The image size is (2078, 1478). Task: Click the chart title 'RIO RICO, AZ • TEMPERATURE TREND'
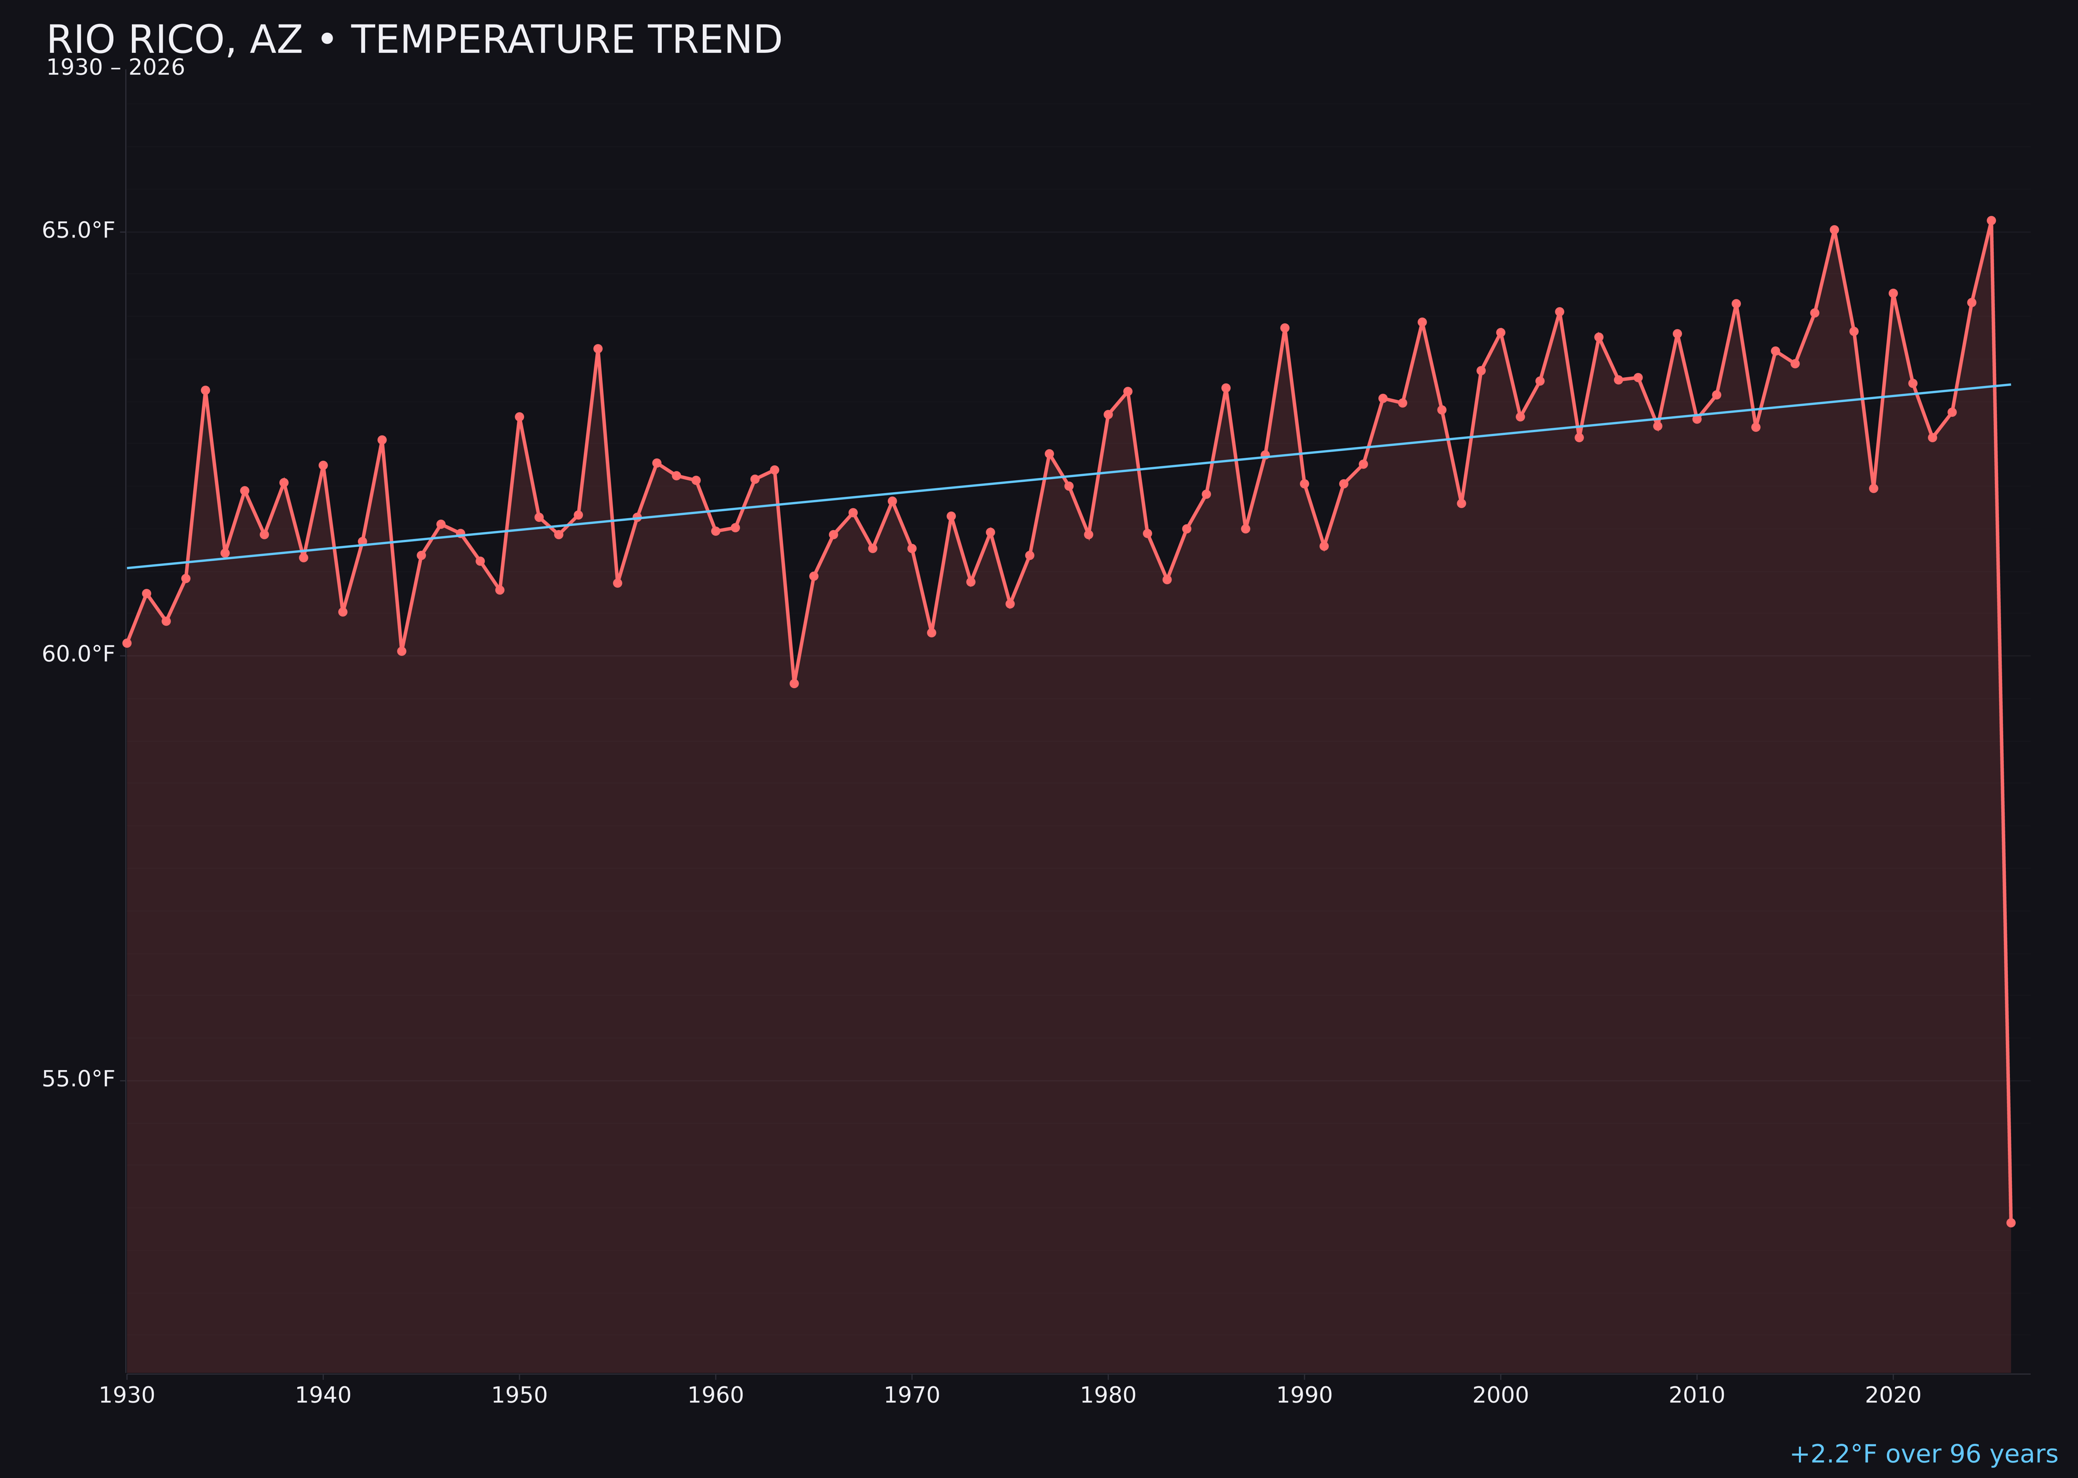tap(414, 40)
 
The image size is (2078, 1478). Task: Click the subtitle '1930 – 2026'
tap(115, 68)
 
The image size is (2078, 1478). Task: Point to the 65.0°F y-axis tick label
tap(78, 230)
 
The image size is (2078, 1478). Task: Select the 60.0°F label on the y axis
tap(78, 654)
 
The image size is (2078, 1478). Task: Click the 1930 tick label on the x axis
tap(126, 1395)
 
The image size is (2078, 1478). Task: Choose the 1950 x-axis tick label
tap(519, 1395)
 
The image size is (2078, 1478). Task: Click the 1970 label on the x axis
tap(912, 1395)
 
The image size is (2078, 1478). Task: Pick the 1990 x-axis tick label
tap(1304, 1395)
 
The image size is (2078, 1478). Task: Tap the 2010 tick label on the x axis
tap(1697, 1395)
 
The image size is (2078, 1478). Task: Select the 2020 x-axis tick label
tap(1893, 1395)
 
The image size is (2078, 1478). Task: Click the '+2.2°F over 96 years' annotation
tap(1923, 1454)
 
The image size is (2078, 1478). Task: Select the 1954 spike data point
tap(598, 349)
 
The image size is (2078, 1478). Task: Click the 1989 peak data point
tap(1285, 327)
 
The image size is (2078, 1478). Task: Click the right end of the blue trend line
tap(2010, 385)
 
